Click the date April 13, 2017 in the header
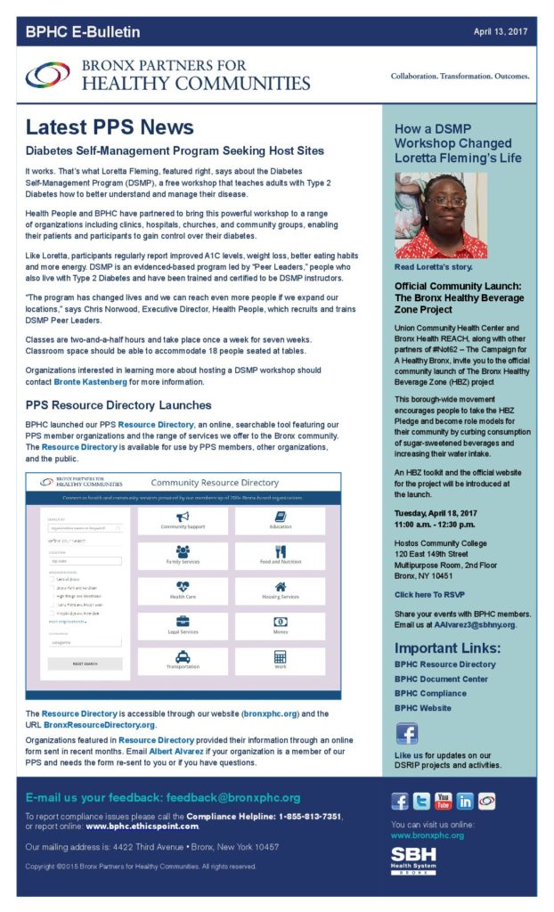pyautogui.click(x=501, y=32)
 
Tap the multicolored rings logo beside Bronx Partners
pyautogui.click(x=47, y=75)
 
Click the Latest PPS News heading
pyautogui.click(x=110, y=126)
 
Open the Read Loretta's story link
pyautogui.click(x=434, y=266)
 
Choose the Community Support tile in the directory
pyautogui.click(x=181, y=520)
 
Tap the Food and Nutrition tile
pyautogui.click(x=280, y=556)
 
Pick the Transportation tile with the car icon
pyautogui.click(x=181, y=660)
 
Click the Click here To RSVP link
pyautogui.click(x=429, y=594)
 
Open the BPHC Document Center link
pyautogui.click(x=441, y=679)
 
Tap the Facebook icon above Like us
pyautogui.click(x=406, y=734)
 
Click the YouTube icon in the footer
pyautogui.click(x=443, y=801)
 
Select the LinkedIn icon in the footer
pyautogui.click(x=464, y=801)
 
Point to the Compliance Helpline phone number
pyautogui.click(x=298, y=816)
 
